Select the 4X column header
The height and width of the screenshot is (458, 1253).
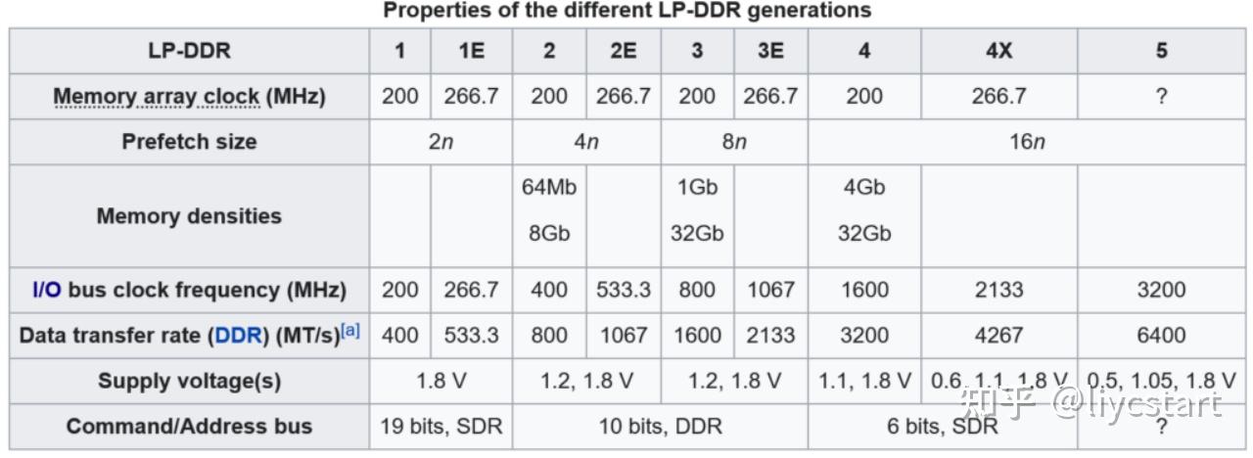[998, 51]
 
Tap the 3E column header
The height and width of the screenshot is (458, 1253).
[770, 51]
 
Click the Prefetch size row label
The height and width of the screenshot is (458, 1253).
[189, 141]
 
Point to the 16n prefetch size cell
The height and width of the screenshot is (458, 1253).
[1027, 142]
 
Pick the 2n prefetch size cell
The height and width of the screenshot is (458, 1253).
[441, 142]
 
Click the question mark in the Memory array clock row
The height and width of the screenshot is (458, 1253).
[1161, 96]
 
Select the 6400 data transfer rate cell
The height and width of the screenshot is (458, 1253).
[1161, 335]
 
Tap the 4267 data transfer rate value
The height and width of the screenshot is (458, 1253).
[998, 335]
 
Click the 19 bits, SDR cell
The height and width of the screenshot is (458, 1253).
[441, 426]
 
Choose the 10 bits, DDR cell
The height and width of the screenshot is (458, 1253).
[660, 426]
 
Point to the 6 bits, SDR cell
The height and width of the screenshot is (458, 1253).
[943, 426]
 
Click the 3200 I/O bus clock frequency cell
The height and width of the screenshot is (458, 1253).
[1161, 290]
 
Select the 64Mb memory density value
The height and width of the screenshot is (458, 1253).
[548, 187]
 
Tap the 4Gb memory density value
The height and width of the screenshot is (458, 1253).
[863, 187]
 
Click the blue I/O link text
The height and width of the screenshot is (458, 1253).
[46, 290]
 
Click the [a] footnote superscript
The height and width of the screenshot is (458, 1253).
[350, 331]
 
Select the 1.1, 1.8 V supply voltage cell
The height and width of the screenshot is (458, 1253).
[863, 381]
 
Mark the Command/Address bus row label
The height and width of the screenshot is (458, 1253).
[189, 426]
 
